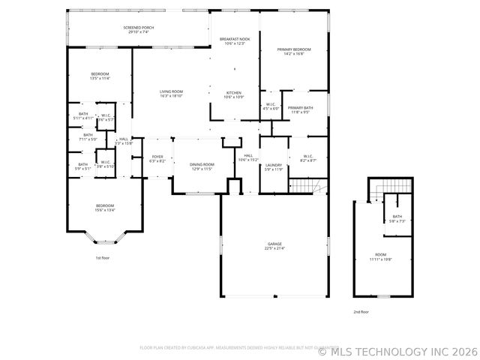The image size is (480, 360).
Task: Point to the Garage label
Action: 275,246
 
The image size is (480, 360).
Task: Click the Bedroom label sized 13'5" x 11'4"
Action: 100,76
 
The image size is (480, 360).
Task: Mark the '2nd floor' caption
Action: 361,311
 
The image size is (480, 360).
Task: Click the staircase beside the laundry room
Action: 308,185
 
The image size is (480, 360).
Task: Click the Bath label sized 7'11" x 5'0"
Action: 88,137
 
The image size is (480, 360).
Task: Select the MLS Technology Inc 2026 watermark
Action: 397,351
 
